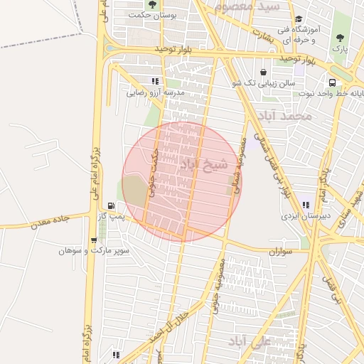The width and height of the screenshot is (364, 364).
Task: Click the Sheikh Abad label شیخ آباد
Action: point(203,164)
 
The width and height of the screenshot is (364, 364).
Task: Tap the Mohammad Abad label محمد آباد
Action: point(287,116)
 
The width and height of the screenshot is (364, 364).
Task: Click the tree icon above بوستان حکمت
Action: point(151,4)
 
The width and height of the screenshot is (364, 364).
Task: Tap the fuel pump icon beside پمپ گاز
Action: point(109,207)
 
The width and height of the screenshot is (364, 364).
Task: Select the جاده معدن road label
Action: point(50,221)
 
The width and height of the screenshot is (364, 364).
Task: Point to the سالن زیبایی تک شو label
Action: point(266,83)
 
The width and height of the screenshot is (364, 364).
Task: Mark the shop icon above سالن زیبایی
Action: point(264,72)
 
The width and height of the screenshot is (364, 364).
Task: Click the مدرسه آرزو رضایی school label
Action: point(156,92)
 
